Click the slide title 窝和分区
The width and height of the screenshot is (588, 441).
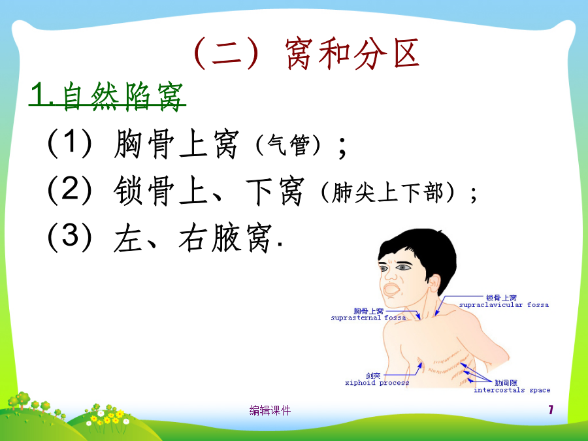click(351, 54)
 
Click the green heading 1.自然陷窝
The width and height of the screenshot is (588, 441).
click(107, 97)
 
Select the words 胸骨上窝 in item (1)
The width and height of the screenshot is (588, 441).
click(176, 144)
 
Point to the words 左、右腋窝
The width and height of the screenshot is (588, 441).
click(193, 238)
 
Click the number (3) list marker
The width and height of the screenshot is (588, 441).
click(70, 237)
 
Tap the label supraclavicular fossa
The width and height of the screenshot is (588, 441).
click(504, 305)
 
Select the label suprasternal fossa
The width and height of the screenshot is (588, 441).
click(368, 318)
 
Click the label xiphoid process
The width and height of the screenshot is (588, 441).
click(377, 383)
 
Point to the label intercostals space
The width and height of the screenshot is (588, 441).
click(512, 390)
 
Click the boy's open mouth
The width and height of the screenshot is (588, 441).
click(391, 289)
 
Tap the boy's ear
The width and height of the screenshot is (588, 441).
click(434, 283)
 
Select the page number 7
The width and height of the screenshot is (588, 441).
click(551, 410)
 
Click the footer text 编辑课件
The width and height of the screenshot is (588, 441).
click(270, 411)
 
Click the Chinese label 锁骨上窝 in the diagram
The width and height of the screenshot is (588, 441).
click(501, 298)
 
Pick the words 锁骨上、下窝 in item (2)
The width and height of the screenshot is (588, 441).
click(208, 191)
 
